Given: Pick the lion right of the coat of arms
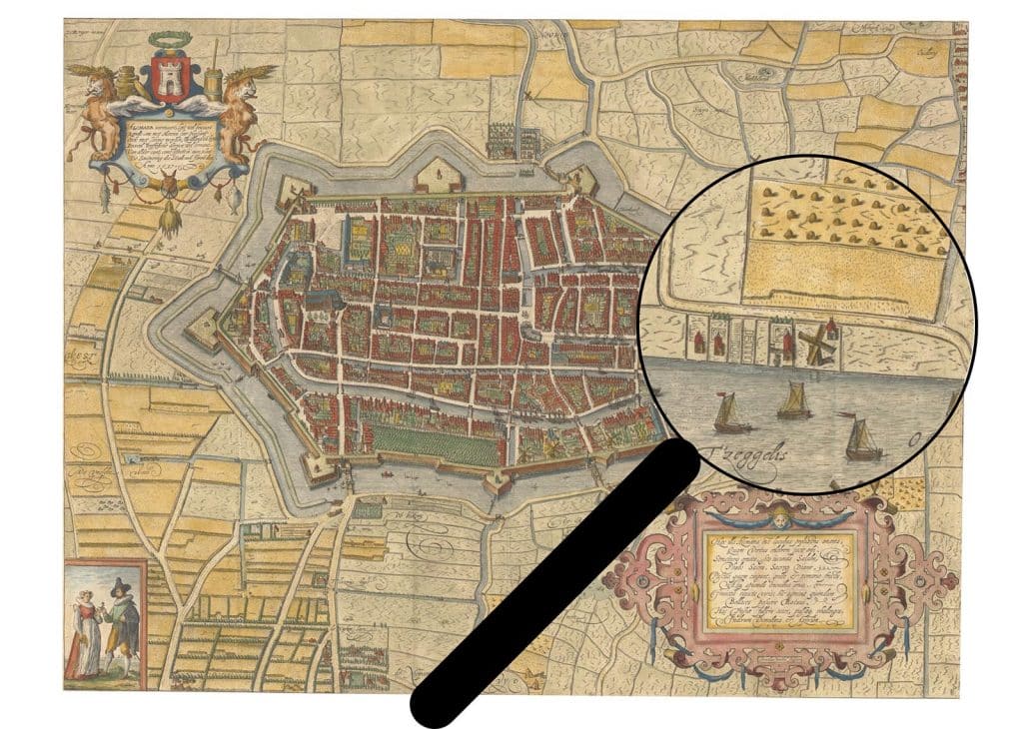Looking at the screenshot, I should (x=240, y=105).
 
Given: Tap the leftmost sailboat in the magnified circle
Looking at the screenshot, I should (x=729, y=411).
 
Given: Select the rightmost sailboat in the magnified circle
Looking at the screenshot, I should (x=861, y=437).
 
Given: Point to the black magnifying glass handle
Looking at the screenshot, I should (x=559, y=584).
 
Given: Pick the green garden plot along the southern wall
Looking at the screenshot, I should (x=420, y=439).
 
